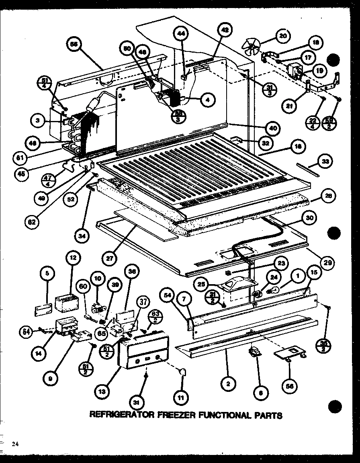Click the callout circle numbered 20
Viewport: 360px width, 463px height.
pyautogui.click(x=283, y=36)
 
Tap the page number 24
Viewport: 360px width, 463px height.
pyautogui.click(x=15, y=444)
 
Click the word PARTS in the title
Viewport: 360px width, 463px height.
pyautogui.click(x=267, y=415)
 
